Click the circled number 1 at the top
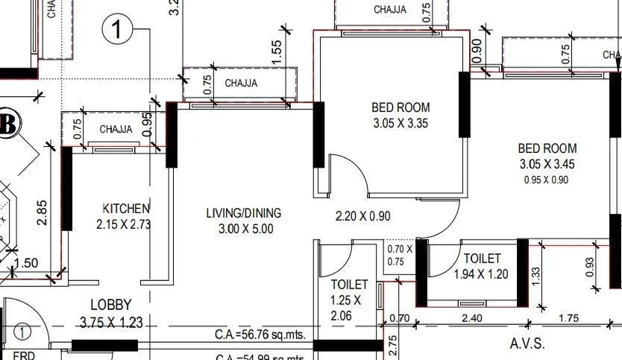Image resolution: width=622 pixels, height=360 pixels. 117,30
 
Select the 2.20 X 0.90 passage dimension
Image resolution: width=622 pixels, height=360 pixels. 363,216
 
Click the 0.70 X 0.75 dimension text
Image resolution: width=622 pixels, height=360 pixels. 399,255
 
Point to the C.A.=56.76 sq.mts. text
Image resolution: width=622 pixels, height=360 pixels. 260,334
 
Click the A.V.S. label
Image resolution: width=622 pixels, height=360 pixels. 527,344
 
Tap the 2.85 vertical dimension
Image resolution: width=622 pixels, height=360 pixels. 43,212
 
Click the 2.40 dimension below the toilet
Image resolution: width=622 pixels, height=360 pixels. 471,318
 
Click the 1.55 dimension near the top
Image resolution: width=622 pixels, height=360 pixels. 276,53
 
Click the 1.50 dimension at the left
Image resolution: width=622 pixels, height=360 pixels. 26,263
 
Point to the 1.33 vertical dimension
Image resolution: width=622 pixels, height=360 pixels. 534,276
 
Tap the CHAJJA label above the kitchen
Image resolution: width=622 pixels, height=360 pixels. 116,129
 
